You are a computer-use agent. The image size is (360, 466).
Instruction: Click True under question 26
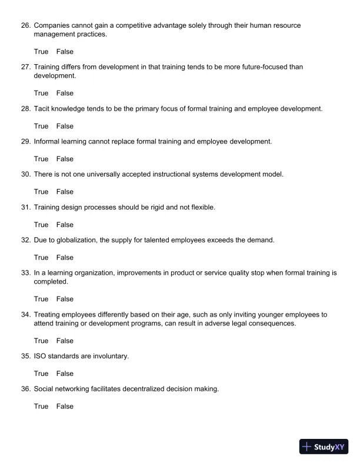click(x=41, y=52)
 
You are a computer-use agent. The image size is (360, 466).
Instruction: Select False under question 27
click(x=65, y=93)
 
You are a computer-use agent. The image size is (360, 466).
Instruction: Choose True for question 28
click(x=41, y=126)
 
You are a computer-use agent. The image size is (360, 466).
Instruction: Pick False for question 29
click(x=65, y=159)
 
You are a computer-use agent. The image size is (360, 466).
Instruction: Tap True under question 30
click(x=41, y=192)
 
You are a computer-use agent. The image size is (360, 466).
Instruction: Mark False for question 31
click(x=65, y=225)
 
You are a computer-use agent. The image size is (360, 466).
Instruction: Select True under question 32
click(x=41, y=258)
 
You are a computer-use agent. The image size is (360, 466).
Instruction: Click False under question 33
click(x=65, y=299)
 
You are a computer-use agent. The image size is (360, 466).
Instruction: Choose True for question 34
click(x=41, y=341)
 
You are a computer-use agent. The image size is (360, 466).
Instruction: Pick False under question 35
click(x=65, y=374)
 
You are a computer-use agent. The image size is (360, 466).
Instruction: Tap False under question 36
click(x=65, y=407)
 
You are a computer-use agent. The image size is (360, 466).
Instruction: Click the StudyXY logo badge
click(x=324, y=447)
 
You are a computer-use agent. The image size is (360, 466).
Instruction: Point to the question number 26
click(x=24, y=26)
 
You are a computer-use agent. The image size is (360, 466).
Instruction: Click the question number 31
click(x=24, y=208)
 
